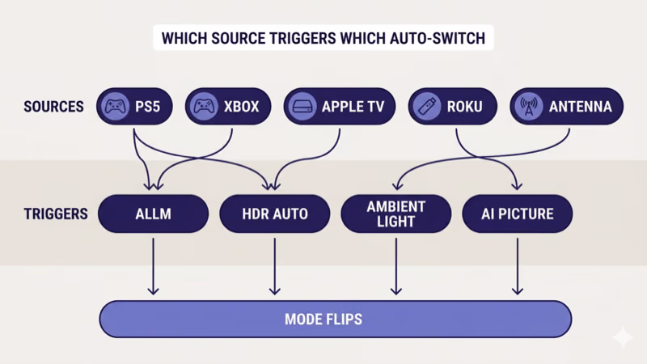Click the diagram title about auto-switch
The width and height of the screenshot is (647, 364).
(323, 38)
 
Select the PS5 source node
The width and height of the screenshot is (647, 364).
(133, 107)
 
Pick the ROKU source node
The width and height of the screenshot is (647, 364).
(451, 107)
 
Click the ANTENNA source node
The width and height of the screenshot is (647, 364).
(566, 107)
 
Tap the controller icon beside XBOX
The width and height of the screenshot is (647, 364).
(204, 107)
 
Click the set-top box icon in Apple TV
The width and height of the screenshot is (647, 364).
(302, 107)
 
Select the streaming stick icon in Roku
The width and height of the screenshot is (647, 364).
(425, 107)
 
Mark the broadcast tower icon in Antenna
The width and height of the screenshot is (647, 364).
(529, 107)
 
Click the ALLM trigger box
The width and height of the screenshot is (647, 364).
(153, 214)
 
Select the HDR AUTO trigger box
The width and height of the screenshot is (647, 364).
(275, 214)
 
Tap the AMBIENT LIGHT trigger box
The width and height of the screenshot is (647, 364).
(395, 214)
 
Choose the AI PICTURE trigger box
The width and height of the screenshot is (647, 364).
(517, 214)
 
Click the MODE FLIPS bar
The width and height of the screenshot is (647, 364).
(335, 319)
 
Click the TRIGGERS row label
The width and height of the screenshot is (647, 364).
(54, 214)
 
